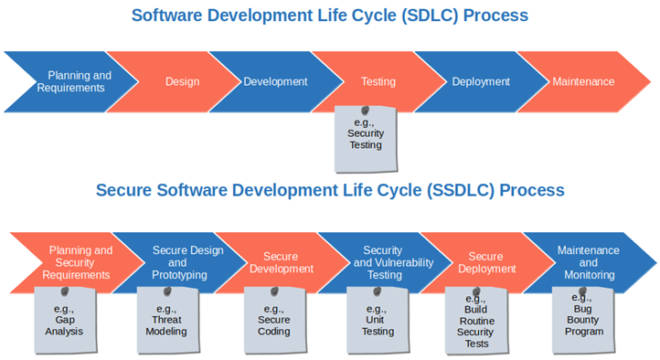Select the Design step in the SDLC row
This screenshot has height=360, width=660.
(x=182, y=81)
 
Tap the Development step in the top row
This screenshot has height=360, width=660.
(x=275, y=81)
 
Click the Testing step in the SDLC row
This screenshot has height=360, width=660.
(x=378, y=81)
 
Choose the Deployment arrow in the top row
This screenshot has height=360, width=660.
(x=481, y=81)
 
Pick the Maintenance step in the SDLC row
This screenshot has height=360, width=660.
(x=583, y=81)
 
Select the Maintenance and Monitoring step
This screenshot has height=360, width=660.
(x=588, y=262)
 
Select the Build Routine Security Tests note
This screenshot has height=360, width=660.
(x=475, y=322)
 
